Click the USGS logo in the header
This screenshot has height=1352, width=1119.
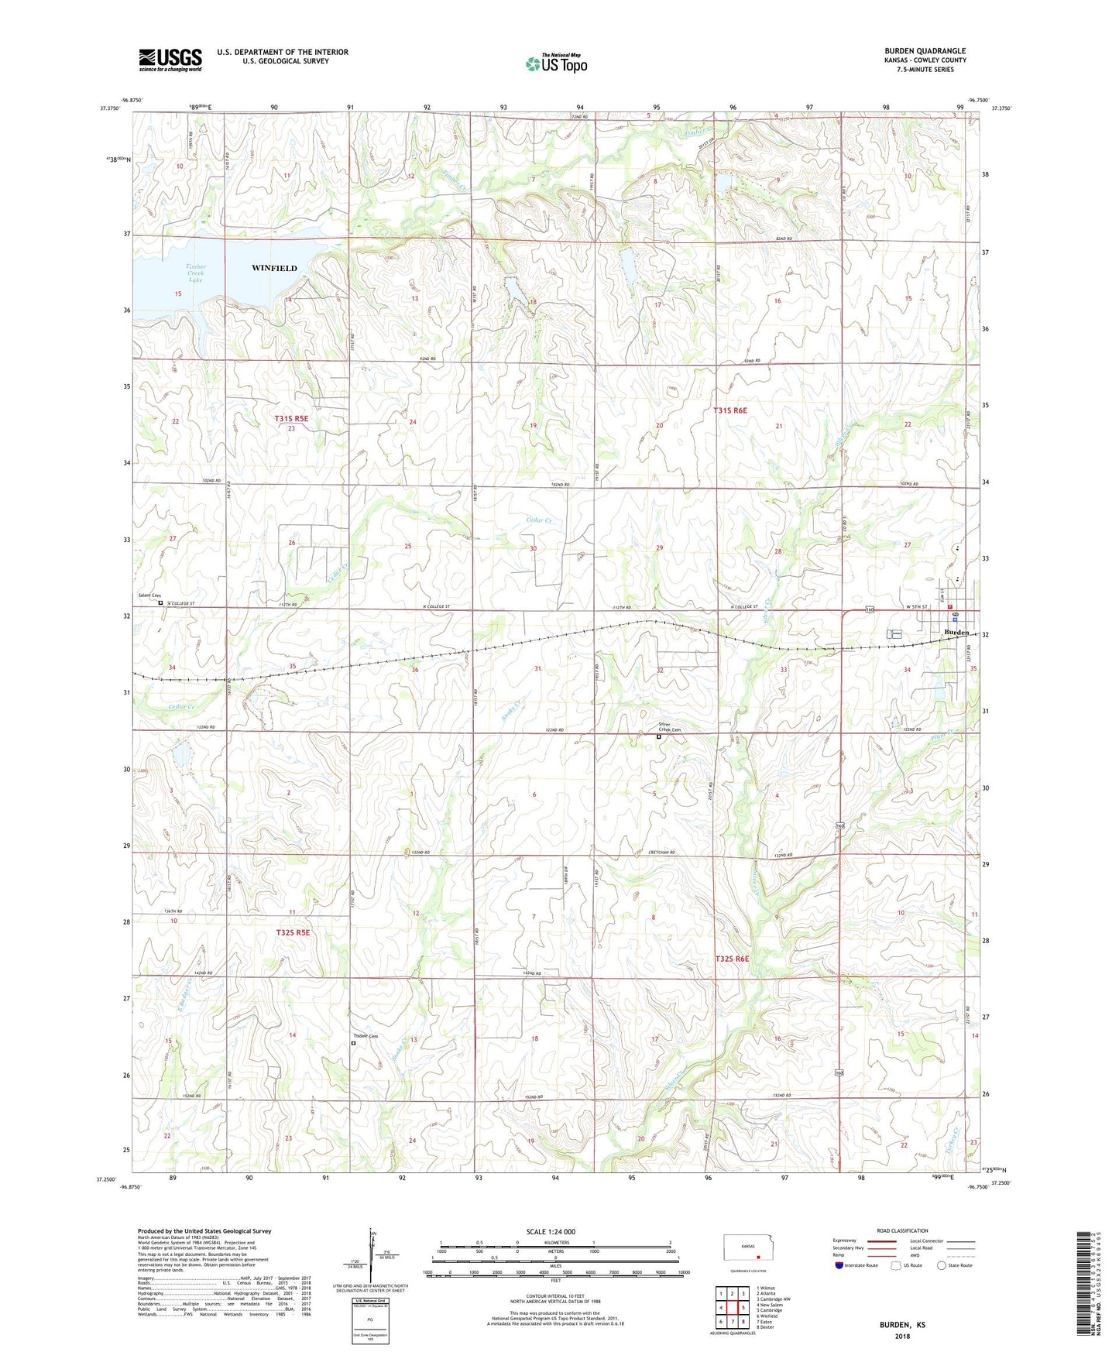[170, 60]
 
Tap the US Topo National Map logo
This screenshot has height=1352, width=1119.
[555, 63]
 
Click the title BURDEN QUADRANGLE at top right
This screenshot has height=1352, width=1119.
[925, 51]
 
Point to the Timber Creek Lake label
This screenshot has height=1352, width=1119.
[196, 273]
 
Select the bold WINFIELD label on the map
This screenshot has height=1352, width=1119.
[274, 268]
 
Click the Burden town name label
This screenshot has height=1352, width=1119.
[956, 633]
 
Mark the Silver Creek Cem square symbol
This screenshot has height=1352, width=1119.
[659, 737]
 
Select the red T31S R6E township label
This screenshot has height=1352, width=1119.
[730, 410]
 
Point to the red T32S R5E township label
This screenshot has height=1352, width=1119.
[293, 932]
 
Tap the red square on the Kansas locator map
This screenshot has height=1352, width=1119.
[759, 1258]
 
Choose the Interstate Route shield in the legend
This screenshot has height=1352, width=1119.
[839, 1266]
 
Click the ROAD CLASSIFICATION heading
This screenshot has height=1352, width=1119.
[903, 1230]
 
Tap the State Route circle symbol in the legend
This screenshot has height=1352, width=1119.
[942, 1266]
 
